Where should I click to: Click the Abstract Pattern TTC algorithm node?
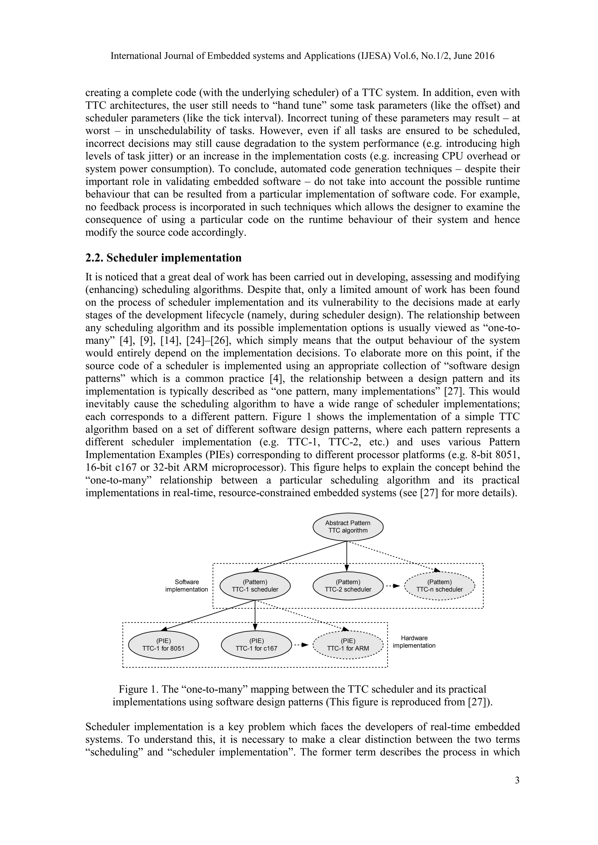(x=347, y=527)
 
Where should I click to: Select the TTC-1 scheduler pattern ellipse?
(x=255, y=586)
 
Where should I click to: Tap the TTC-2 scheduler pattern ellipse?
(x=347, y=586)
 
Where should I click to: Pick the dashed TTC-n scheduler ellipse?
(x=439, y=586)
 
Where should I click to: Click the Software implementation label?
(x=186, y=586)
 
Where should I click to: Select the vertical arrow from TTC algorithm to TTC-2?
(x=347, y=556)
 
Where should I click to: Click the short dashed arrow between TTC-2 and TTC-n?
(x=392, y=586)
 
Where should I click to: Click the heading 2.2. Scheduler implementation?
(x=164, y=258)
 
